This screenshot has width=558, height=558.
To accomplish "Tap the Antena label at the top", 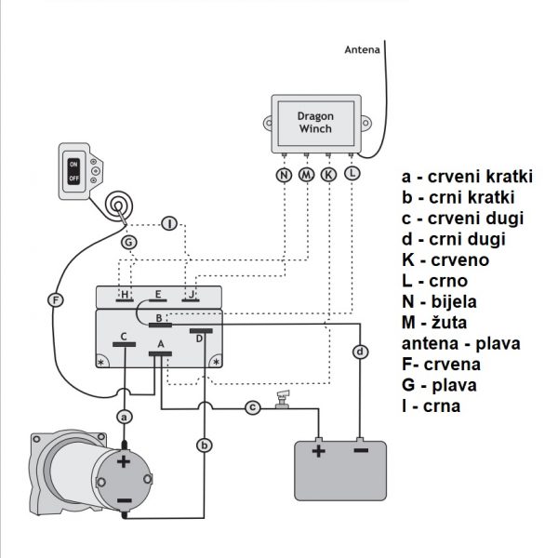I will coord(361,49).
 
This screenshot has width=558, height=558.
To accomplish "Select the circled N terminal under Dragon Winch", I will coord(283,174).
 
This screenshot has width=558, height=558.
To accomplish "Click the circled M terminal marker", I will coord(306,174).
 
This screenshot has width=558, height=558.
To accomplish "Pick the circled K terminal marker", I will coord(328,174).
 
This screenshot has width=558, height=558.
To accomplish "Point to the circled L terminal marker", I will coord(351,174).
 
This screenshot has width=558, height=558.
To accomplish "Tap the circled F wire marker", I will coord(55,299).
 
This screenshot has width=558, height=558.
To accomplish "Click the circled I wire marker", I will coord(168,224).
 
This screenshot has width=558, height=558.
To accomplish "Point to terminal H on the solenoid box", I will coord(124,297).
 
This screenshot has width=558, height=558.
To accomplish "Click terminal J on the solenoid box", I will coord(192,297).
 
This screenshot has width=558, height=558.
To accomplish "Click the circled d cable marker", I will coord(360,352).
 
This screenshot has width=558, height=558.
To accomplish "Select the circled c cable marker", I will coord(251,407).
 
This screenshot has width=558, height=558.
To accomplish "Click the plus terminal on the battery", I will coord(319,450).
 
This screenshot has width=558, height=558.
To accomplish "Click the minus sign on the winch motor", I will coord(125,502).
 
